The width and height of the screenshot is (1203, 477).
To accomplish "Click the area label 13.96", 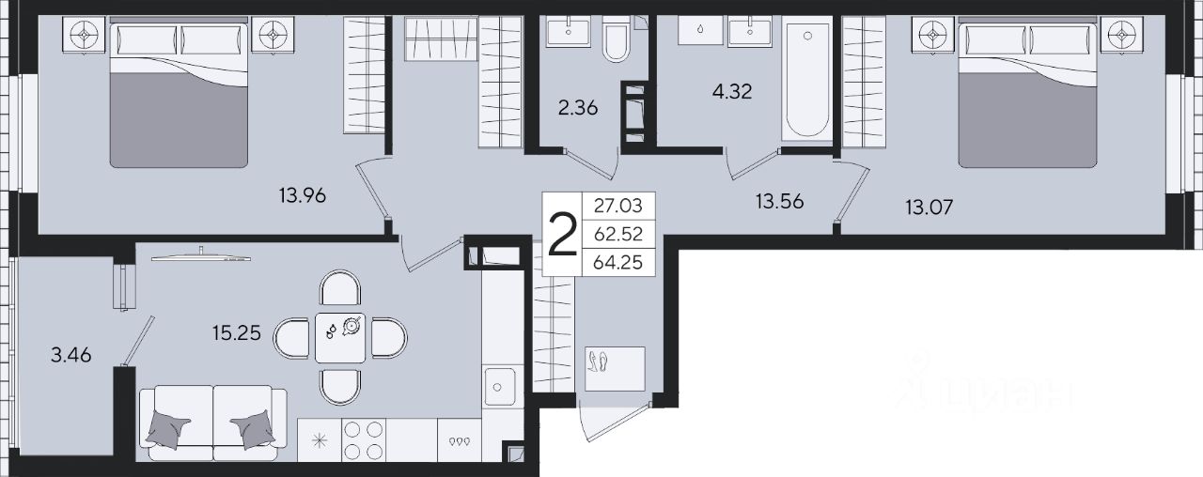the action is pos(303,195).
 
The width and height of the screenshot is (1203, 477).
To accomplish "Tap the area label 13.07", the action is pos(930,207).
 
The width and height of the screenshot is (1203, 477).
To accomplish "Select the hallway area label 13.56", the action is pos(780,201).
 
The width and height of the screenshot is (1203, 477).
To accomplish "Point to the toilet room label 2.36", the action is pos(578,108).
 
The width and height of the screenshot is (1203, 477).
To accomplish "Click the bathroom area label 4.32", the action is pos(732,91).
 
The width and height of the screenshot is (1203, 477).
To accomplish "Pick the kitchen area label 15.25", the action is pos(236,333).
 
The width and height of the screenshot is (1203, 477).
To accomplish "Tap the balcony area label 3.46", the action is pos(70,355).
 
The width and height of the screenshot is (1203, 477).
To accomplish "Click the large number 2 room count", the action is pos(562,235).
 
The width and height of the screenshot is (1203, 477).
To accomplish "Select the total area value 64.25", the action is pos(618,262).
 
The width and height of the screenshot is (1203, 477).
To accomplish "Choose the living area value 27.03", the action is pos(618,206).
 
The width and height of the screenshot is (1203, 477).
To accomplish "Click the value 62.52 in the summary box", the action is pos(618,234).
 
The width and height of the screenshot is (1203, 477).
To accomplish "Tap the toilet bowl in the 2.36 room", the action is pos(616,38).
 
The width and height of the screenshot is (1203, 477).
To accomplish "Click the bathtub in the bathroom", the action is pos(807,76).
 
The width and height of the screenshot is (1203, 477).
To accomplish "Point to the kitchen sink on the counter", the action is pos(498,387).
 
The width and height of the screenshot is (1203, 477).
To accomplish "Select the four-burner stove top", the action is pos(363,440).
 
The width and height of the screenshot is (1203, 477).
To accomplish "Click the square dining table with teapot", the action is pos(340,337).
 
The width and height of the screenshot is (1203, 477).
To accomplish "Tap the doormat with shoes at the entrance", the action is pos(615,369).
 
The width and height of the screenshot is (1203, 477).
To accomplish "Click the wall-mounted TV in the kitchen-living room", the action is pos(201,257).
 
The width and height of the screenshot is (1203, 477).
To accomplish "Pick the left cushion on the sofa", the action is pos(167,429).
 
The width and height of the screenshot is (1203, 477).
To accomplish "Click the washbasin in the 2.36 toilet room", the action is pos(569,31).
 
